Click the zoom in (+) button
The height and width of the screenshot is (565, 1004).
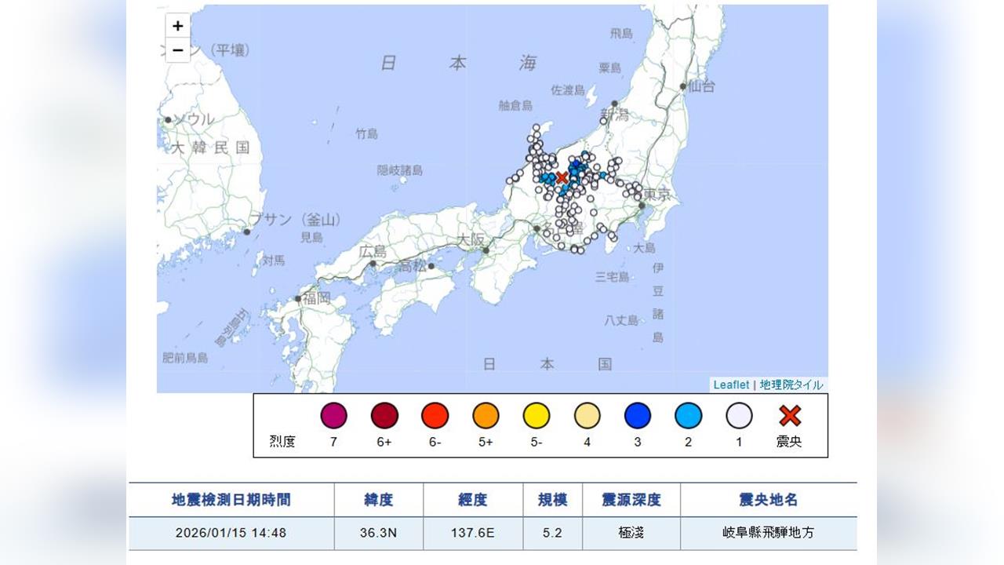tap(178, 26)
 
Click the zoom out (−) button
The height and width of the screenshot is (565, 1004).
tap(178, 49)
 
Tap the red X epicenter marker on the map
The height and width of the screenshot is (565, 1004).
tap(562, 178)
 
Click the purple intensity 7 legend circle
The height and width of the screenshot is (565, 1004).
tap(333, 415)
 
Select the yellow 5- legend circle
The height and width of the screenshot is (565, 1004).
tap(537, 415)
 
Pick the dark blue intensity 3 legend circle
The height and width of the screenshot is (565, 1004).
tap(638, 415)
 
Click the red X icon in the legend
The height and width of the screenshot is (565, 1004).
tap(789, 415)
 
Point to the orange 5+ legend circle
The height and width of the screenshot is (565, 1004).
tap(486, 415)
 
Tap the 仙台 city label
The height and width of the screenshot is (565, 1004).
tap(701, 87)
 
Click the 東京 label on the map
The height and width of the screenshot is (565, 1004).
tap(657, 195)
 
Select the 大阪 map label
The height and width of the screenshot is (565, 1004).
tap(471, 239)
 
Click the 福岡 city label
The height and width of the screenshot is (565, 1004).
tap(317, 298)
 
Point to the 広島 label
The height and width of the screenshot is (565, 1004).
tap(373, 252)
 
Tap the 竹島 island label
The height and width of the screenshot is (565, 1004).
tap(366, 134)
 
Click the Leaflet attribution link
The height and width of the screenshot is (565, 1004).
tap(731, 385)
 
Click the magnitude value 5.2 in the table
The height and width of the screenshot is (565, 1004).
tap(552, 533)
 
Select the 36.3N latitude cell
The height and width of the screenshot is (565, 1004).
tap(379, 533)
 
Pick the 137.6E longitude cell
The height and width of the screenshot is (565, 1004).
tap(473, 533)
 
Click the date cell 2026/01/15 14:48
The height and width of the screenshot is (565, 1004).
tap(231, 533)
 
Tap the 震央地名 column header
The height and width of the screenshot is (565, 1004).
tap(768, 500)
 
